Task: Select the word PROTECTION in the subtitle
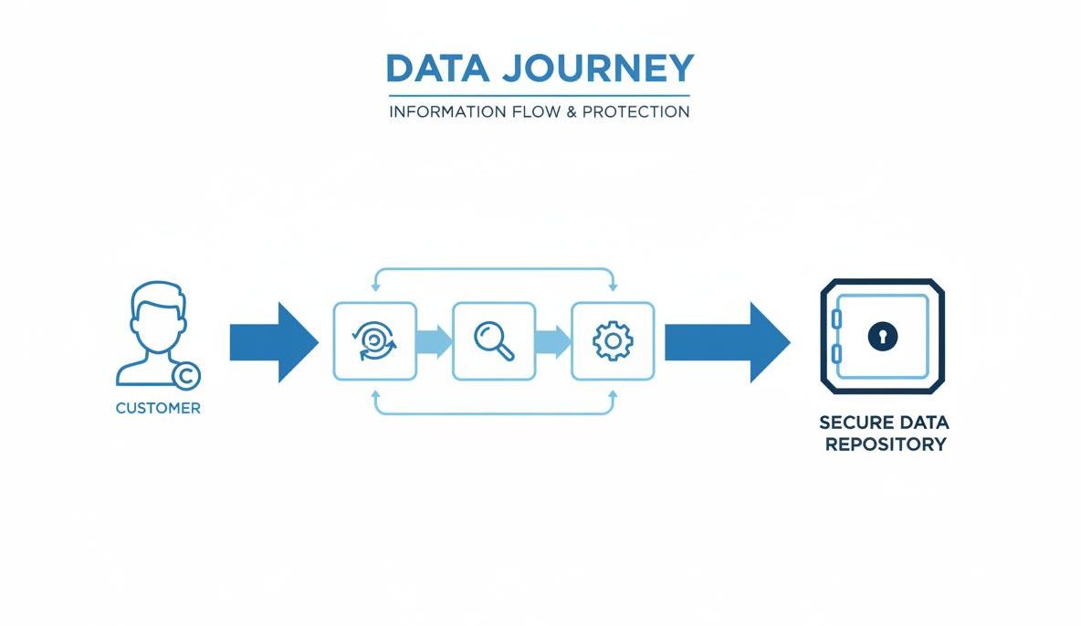(x=636, y=112)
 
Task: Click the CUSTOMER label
(x=158, y=409)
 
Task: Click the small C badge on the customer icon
(x=186, y=375)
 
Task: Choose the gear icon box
(x=612, y=341)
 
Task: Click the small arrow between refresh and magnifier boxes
(x=435, y=342)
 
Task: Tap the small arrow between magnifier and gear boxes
(x=553, y=342)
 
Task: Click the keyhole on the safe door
(x=883, y=336)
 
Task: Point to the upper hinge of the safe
(x=835, y=318)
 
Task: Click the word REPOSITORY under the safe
(x=885, y=445)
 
